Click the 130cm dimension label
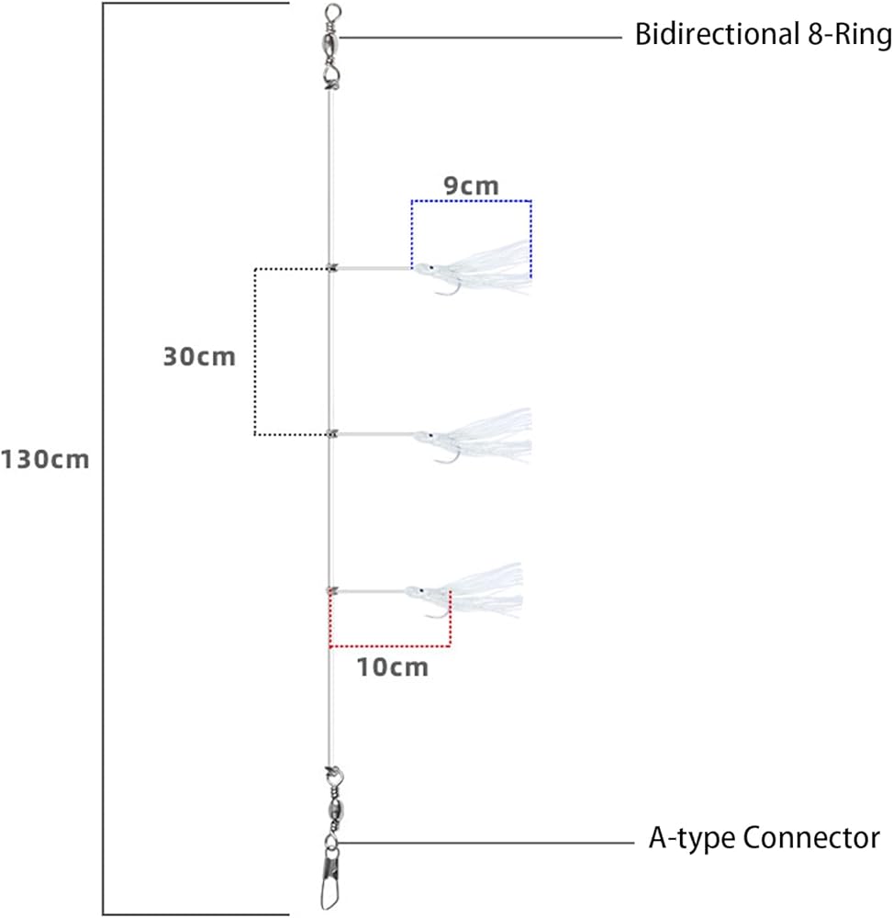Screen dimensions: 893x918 pyautogui.click(x=45, y=460)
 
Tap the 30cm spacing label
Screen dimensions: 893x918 pyautogui.click(x=199, y=356)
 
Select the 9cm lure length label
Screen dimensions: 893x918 pyautogui.click(x=471, y=185)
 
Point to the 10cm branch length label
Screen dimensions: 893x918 pyautogui.click(x=393, y=667)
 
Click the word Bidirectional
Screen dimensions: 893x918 pyautogui.click(x=718, y=34)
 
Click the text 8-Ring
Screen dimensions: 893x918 pyautogui.click(x=850, y=35)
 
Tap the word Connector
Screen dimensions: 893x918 pyautogui.click(x=811, y=838)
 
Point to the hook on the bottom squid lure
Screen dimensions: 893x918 pyautogui.click(x=438, y=610)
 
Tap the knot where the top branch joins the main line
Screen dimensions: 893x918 pyautogui.click(x=332, y=268)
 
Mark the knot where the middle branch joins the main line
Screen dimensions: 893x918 pyautogui.click(x=332, y=434)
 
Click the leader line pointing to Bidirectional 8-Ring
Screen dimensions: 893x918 pyautogui.click(x=481, y=38)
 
